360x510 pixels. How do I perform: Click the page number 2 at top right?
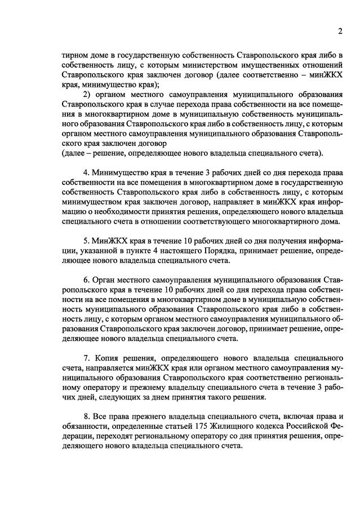tap(340, 32)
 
